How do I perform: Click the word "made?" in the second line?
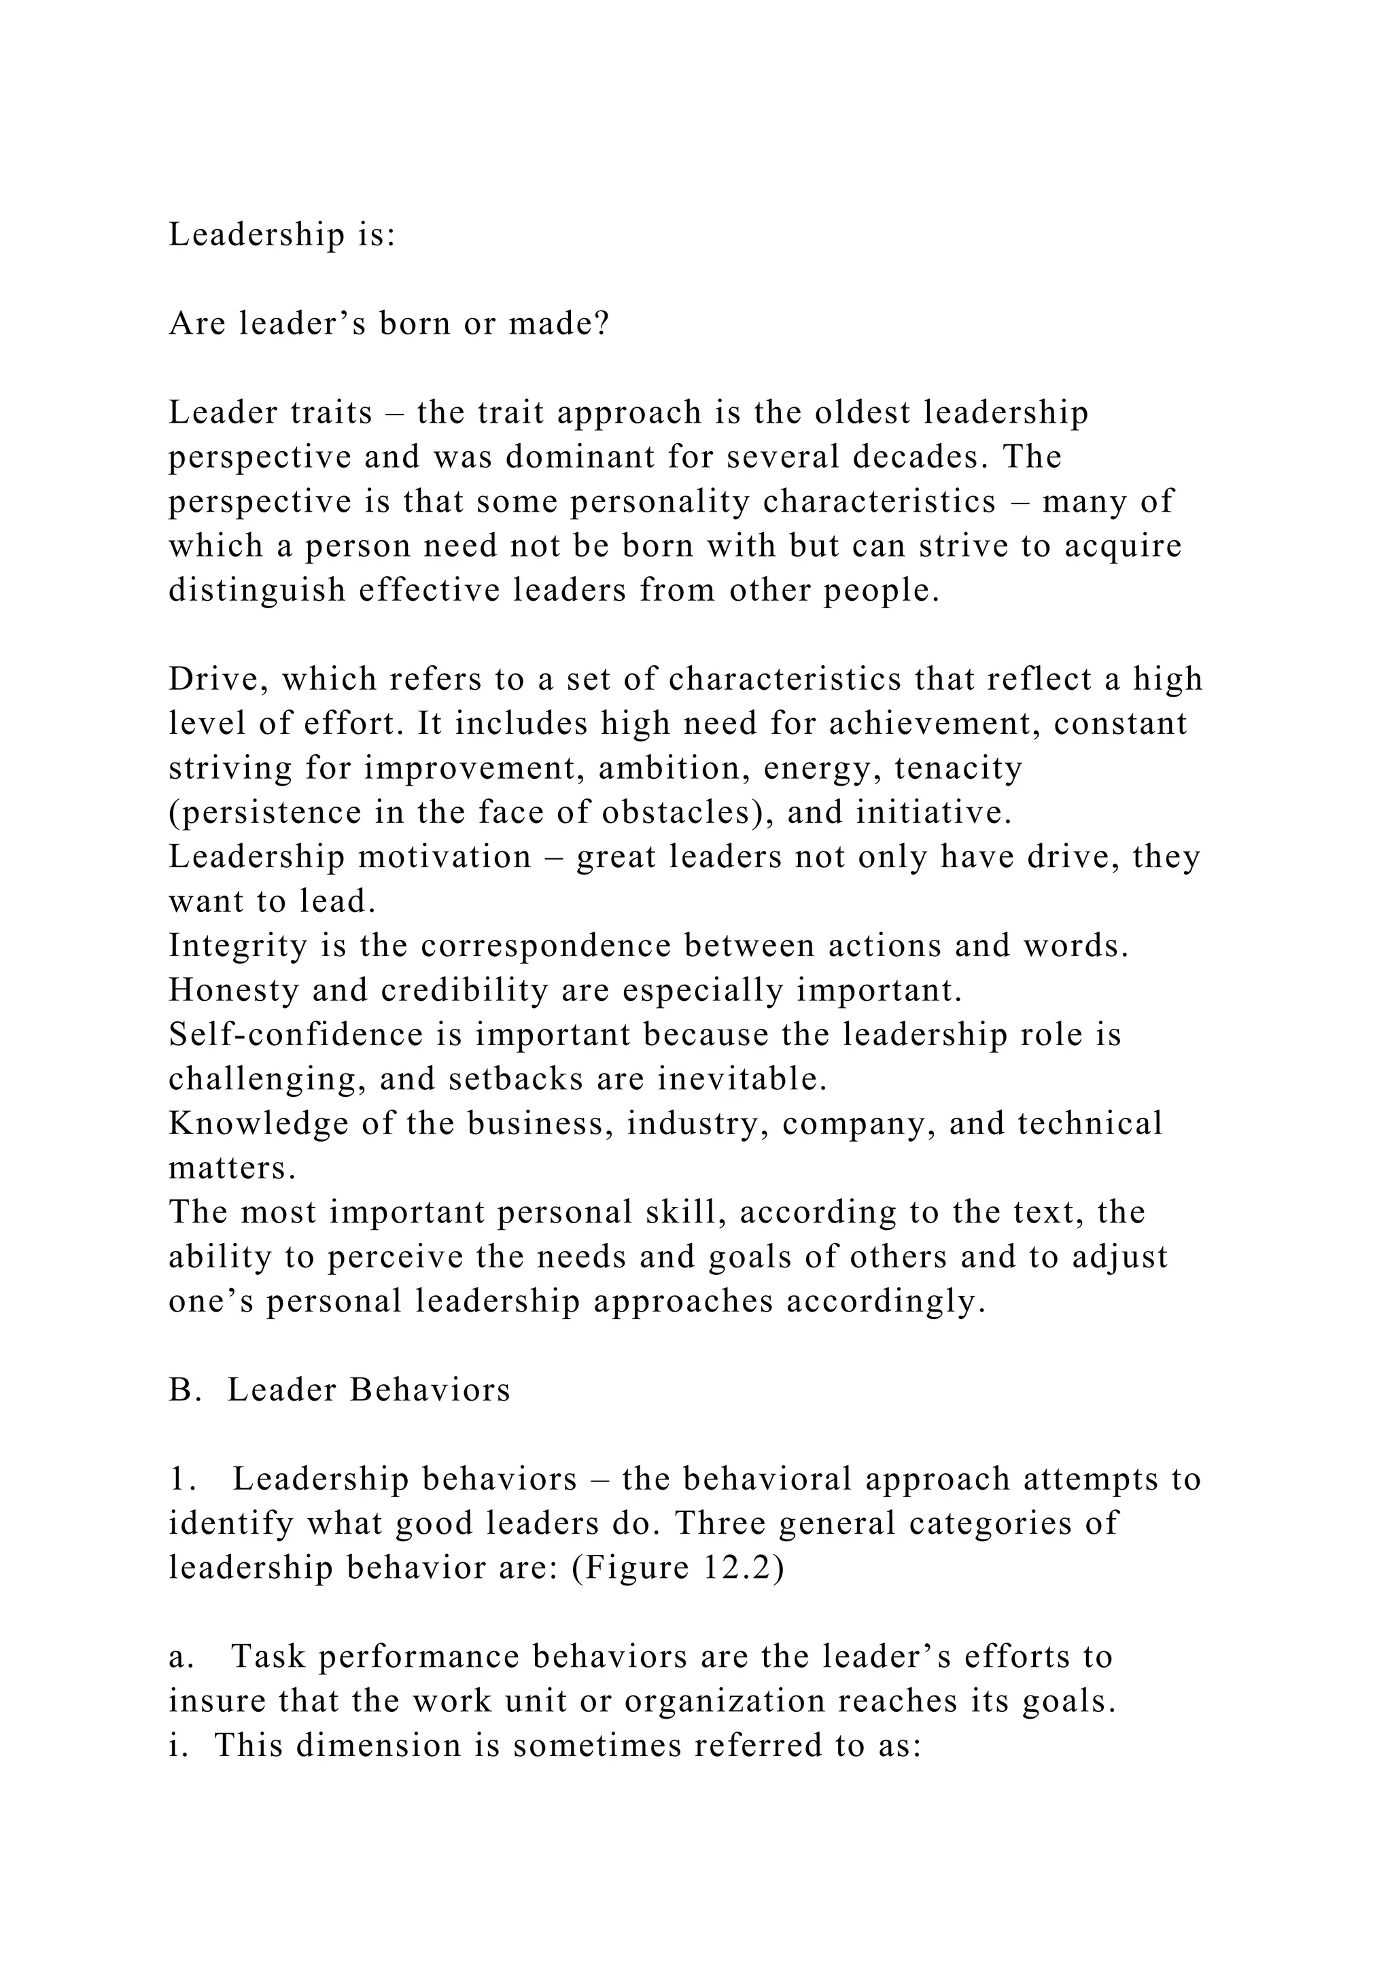pos(559,324)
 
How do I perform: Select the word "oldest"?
pos(863,413)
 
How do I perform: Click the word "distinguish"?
pos(256,591)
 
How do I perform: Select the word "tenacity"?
pos(958,768)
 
